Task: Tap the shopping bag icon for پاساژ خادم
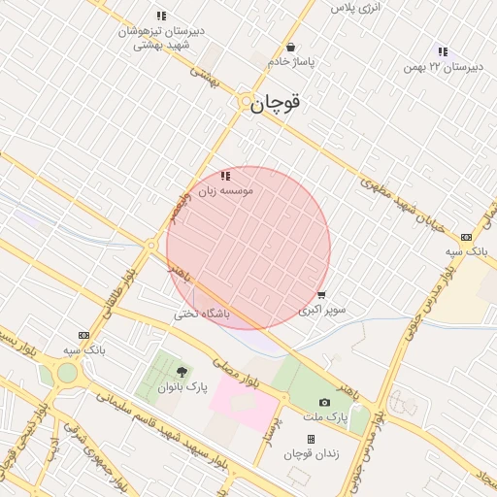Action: pos(290,48)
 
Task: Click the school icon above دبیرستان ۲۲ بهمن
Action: pos(443,51)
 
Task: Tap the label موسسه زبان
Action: pos(226,191)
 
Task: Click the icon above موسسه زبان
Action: pos(226,176)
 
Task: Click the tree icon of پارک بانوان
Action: pos(182,372)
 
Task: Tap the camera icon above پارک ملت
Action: pos(324,402)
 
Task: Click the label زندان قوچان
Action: pos(310,454)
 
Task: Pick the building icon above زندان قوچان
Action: pos(311,439)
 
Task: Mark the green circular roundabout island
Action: pos(67,373)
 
